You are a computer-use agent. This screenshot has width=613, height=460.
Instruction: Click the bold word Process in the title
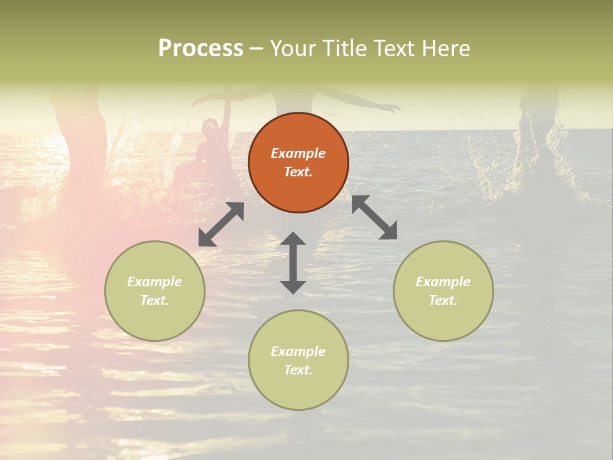[x=201, y=48]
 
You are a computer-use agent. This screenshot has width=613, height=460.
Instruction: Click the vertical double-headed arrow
[x=293, y=263]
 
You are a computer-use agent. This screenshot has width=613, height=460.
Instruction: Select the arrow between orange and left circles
[x=221, y=224]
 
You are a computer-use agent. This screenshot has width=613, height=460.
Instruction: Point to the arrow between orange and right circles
[x=374, y=217]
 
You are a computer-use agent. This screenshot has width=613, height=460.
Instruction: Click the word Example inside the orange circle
[x=298, y=153]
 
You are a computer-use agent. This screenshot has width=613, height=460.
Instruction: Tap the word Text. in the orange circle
[x=298, y=172]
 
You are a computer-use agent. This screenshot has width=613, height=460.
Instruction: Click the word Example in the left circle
[x=155, y=282]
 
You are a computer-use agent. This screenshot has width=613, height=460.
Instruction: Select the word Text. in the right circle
[x=443, y=300]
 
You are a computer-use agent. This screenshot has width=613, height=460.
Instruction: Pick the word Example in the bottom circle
[x=298, y=351]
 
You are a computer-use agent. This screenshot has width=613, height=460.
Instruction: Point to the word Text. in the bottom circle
[x=298, y=370]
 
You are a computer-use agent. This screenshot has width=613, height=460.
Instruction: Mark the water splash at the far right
[x=536, y=147]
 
